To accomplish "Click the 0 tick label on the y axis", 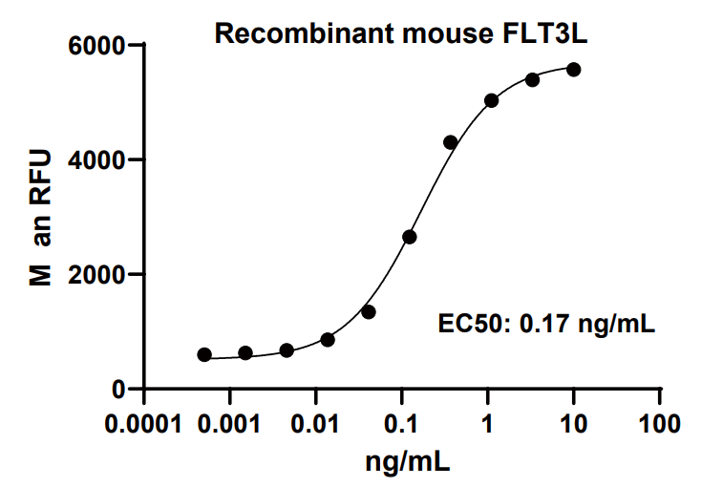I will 119,390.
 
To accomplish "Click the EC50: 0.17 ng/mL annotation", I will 546,324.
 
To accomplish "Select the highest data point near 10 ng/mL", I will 573,69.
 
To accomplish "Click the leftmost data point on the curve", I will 204,355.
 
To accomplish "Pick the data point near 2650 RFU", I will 410,237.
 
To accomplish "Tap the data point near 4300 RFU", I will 450,142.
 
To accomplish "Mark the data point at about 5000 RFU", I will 491,100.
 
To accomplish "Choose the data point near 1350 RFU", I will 369,312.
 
